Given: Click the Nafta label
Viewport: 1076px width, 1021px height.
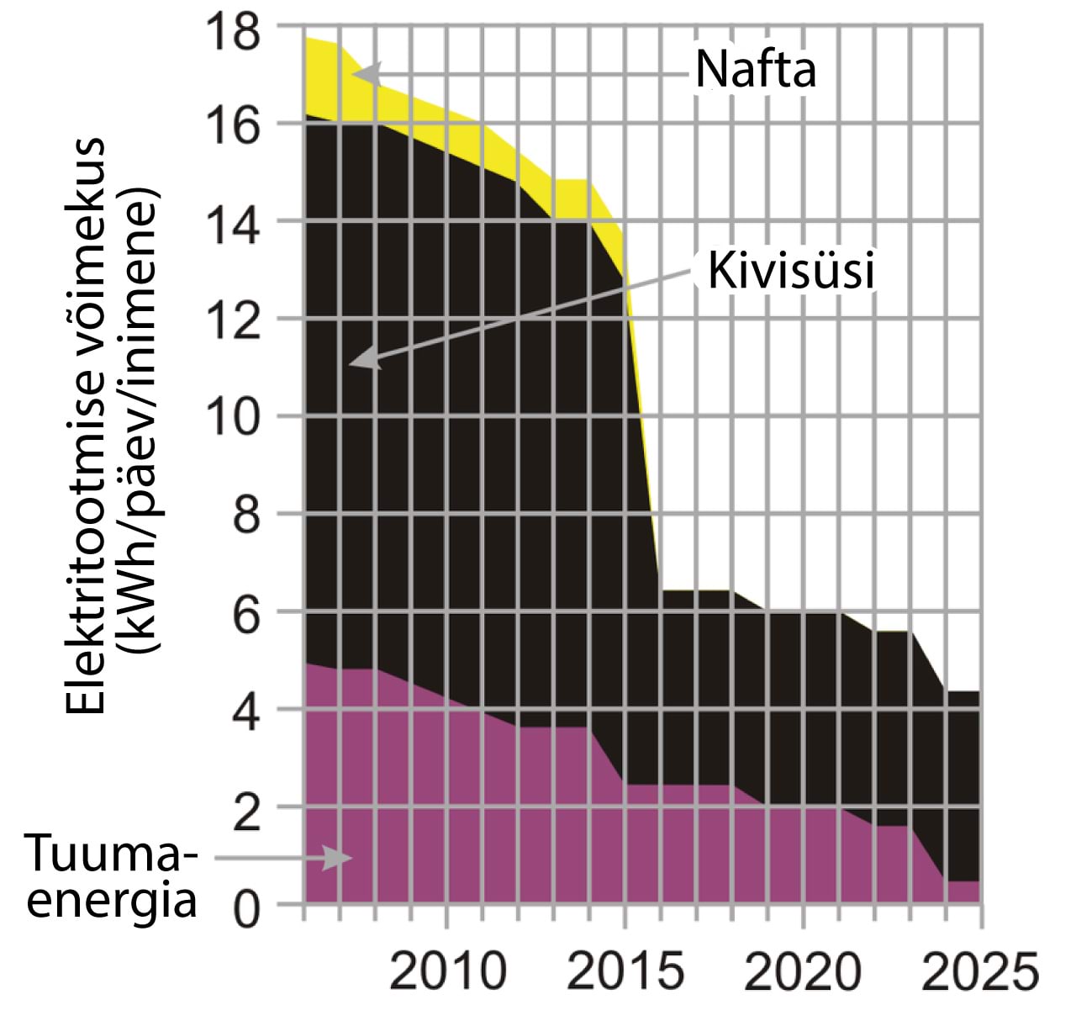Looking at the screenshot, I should tap(755, 69).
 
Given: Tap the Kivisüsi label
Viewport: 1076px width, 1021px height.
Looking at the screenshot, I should tap(791, 271).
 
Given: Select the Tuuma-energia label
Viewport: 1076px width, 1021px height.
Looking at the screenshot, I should tap(112, 876).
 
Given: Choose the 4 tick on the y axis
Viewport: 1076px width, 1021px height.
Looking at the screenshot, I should tap(246, 713).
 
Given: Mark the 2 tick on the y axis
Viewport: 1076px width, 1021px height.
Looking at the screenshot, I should tap(246, 812).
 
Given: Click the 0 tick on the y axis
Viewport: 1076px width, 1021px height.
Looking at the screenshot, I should tap(246, 910).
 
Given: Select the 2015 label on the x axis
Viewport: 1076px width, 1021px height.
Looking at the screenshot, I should tap(625, 971).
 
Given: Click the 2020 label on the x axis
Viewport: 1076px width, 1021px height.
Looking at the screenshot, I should tap(803, 971).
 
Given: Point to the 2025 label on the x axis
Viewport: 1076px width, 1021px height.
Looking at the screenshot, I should tap(980, 971).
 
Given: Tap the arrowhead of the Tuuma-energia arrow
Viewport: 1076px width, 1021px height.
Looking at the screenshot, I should tap(339, 859).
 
